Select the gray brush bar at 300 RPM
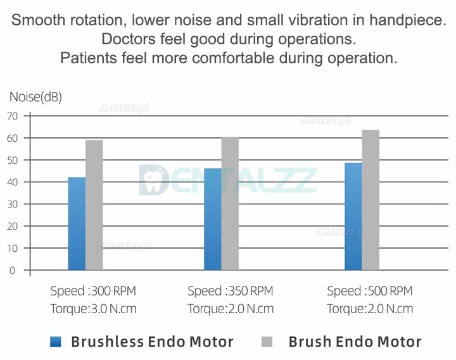tap(94, 205)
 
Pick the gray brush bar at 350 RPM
tap(230, 203)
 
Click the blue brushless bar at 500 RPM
tap(353, 216)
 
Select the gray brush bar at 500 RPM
tap(370, 200)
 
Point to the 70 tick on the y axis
tap(12, 116)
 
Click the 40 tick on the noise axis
tap(12, 182)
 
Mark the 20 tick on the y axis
tap(12, 226)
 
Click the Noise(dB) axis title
tap(35, 97)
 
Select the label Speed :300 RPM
tap(93, 292)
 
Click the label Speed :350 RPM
tap(231, 292)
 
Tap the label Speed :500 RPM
tap(370, 292)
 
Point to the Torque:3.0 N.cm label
tap(93, 309)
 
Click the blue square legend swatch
tap(56, 342)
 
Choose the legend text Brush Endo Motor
tap(355, 342)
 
